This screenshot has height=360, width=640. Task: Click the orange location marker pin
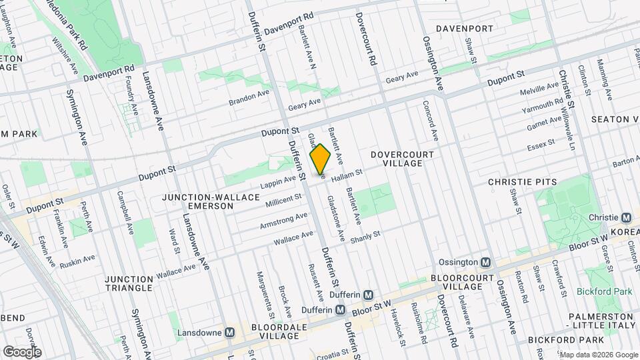[321, 159]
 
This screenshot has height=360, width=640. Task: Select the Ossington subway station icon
[486, 263]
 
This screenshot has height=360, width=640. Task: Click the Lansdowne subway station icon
[229, 332]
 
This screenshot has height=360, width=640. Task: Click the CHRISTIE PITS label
[522, 181]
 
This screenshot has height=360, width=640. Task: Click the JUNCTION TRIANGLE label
[129, 283]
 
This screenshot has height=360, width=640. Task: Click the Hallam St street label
[346, 173]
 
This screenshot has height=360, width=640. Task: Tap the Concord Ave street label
[429, 120]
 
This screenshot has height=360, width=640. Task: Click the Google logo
[22, 351]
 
